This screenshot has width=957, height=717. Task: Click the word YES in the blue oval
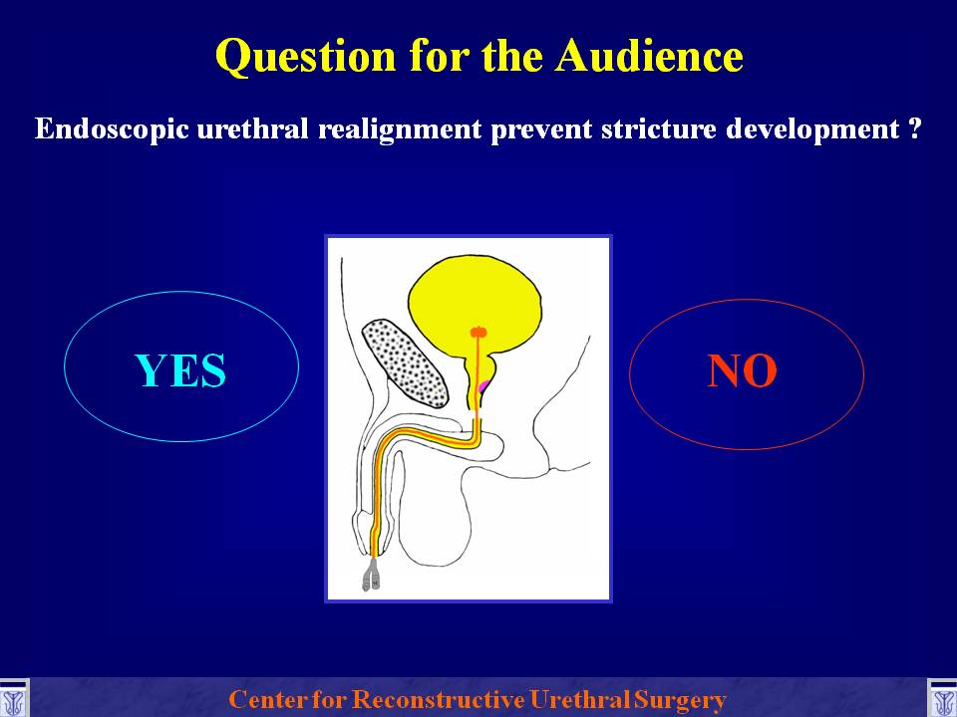click(x=180, y=370)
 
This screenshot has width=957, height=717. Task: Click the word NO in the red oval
click(x=742, y=370)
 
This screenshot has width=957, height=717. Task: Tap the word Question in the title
click(x=306, y=57)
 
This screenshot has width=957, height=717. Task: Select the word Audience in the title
click(x=649, y=55)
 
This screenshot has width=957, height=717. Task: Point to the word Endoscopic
click(x=112, y=129)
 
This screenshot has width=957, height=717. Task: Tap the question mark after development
click(x=914, y=129)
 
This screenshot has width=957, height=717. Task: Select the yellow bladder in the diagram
click(x=475, y=303)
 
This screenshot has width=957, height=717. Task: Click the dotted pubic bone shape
click(x=406, y=363)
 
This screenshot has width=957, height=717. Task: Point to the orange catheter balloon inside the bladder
click(x=478, y=333)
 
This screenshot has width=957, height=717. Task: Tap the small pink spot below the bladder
click(x=484, y=386)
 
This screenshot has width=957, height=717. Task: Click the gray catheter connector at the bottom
click(x=371, y=576)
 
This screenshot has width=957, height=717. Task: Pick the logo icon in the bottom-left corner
click(x=13, y=698)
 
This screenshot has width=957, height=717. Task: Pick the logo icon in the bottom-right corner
click(x=942, y=698)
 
